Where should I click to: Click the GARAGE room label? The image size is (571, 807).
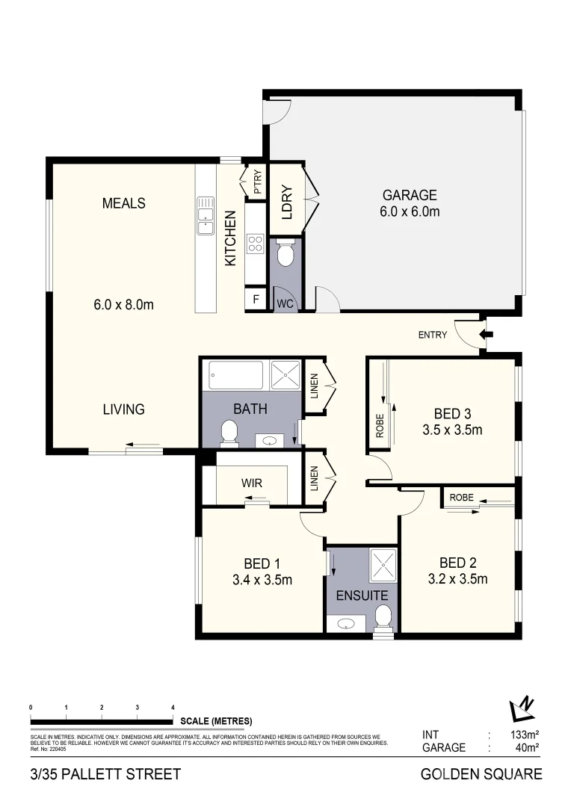pyautogui.click(x=409, y=196)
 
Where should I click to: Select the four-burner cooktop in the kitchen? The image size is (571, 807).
pyautogui.click(x=256, y=243)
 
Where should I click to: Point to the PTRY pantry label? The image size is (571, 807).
pyautogui.click(x=257, y=182)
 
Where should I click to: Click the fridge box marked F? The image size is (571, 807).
pyautogui.click(x=256, y=300)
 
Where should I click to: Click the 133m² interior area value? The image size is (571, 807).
pyautogui.click(x=522, y=735)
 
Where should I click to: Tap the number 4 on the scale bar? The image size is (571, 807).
pyautogui.click(x=173, y=707)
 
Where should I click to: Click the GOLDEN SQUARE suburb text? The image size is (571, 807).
pyautogui.click(x=481, y=774)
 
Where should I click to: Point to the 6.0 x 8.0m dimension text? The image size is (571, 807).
pyautogui.click(x=124, y=304)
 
